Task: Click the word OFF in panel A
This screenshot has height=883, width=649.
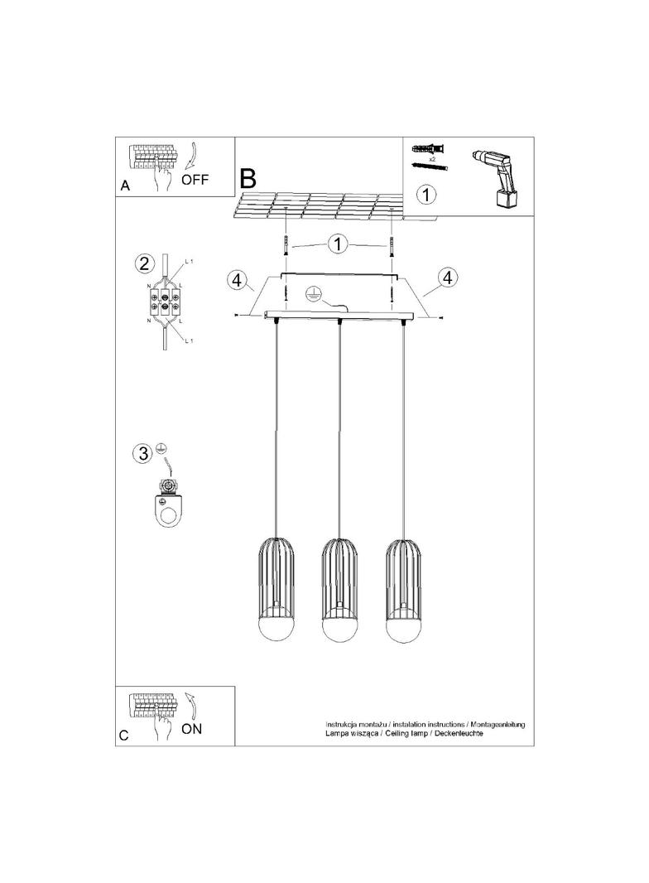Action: click(195, 180)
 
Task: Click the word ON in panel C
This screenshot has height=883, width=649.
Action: click(191, 729)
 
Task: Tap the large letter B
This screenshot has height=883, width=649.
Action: click(248, 177)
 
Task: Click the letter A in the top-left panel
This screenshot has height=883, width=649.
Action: click(125, 186)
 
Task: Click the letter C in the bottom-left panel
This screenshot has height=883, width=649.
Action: click(124, 735)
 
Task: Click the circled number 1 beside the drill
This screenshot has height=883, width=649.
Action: click(425, 195)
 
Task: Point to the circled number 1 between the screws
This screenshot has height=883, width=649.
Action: click(337, 244)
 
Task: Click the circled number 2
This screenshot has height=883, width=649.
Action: click(144, 264)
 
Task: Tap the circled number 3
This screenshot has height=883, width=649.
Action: click(144, 453)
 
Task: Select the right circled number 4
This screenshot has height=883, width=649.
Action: click(448, 277)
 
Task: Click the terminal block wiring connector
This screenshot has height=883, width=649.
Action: click(166, 304)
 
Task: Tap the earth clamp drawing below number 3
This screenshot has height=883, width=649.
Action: click(171, 502)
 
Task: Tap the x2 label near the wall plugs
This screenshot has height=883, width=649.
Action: click(432, 157)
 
